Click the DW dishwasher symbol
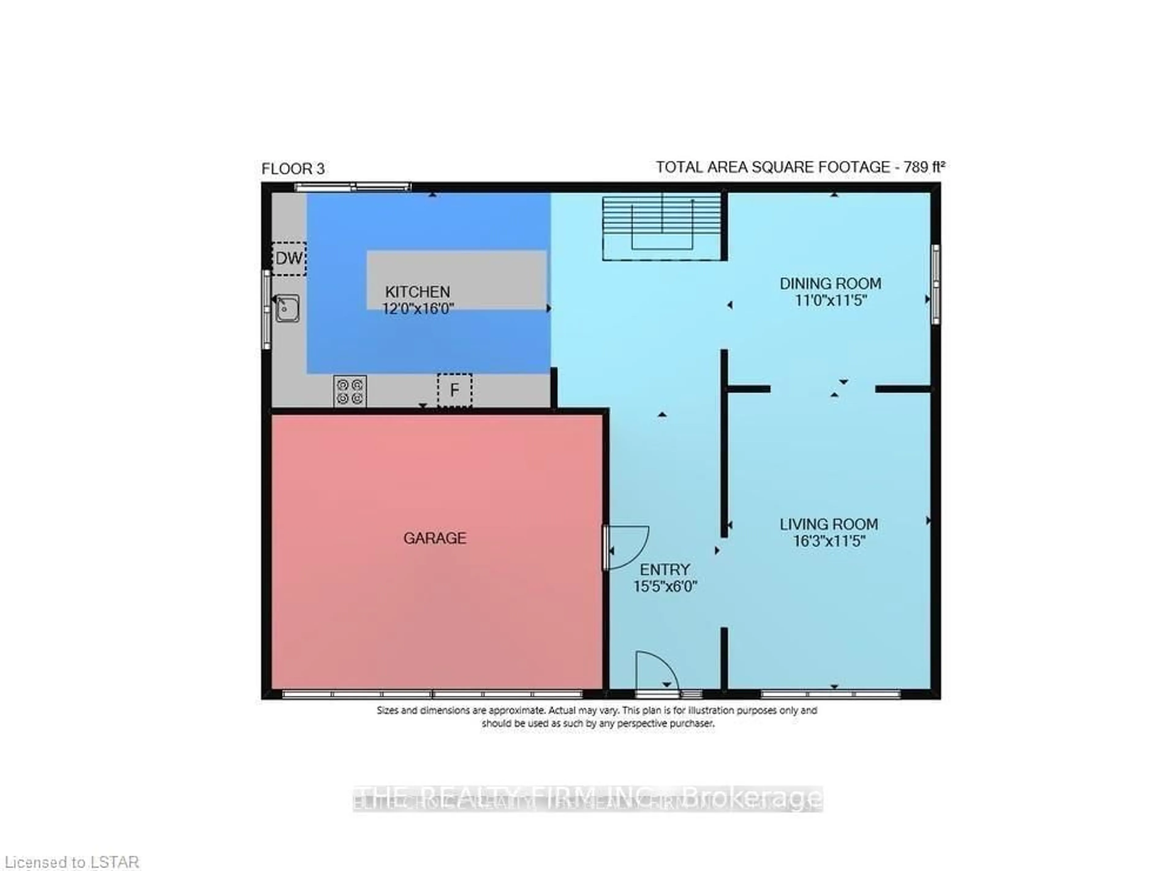(289, 258)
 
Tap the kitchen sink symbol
(287, 308)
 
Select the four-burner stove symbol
(350, 391)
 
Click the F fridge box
(454, 390)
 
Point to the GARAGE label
(435, 538)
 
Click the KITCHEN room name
(417, 291)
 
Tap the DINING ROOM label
(830, 284)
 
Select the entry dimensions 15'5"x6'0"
(665, 586)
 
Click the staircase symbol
(662, 227)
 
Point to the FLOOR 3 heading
(293, 169)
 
